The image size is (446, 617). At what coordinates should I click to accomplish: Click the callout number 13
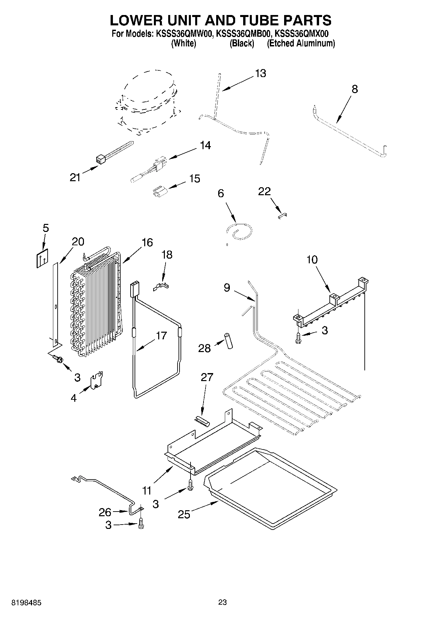[x=260, y=73]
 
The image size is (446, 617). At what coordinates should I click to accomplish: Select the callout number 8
[x=355, y=89]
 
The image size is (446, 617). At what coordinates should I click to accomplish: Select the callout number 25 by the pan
[x=184, y=514]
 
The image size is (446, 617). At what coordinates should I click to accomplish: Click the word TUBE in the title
[x=258, y=20]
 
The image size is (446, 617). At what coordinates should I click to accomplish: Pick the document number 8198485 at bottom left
[x=26, y=602]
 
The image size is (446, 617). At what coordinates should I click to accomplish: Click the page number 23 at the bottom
[x=223, y=602]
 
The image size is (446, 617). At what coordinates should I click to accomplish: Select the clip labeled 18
[x=161, y=286]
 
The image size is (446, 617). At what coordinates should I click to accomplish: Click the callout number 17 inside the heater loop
[x=161, y=335]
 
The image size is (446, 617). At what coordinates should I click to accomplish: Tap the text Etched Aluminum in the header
[x=301, y=43]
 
